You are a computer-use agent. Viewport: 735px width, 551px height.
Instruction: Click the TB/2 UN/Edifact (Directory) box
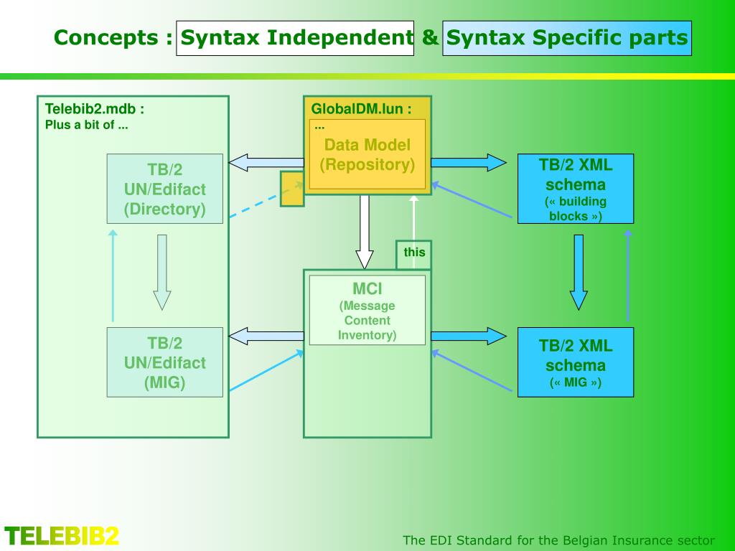(x=164, y=189)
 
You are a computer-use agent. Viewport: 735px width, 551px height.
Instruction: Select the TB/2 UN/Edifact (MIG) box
(x=164, y=362)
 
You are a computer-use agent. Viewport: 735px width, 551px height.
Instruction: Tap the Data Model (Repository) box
(x=367, y=155)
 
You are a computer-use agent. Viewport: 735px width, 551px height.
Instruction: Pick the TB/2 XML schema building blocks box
(x=576, y=188)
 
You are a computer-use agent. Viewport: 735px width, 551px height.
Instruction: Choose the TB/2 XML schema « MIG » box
(x=576, y=362)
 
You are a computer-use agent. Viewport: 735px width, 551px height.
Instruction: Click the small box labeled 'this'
(x=414, y=253)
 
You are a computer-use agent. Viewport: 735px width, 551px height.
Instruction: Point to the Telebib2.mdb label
(x=95, y=109)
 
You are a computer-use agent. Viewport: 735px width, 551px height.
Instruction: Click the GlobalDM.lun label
(x=361, y=109)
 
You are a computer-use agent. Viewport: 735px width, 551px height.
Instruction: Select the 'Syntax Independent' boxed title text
(x=295, y=38)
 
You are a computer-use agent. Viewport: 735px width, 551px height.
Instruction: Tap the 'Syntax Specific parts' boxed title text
(x=566, y=38)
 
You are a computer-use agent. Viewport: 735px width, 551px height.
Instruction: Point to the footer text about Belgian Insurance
(x=558, y=540)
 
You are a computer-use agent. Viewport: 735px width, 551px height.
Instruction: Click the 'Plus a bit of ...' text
(x=87, y=125)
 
